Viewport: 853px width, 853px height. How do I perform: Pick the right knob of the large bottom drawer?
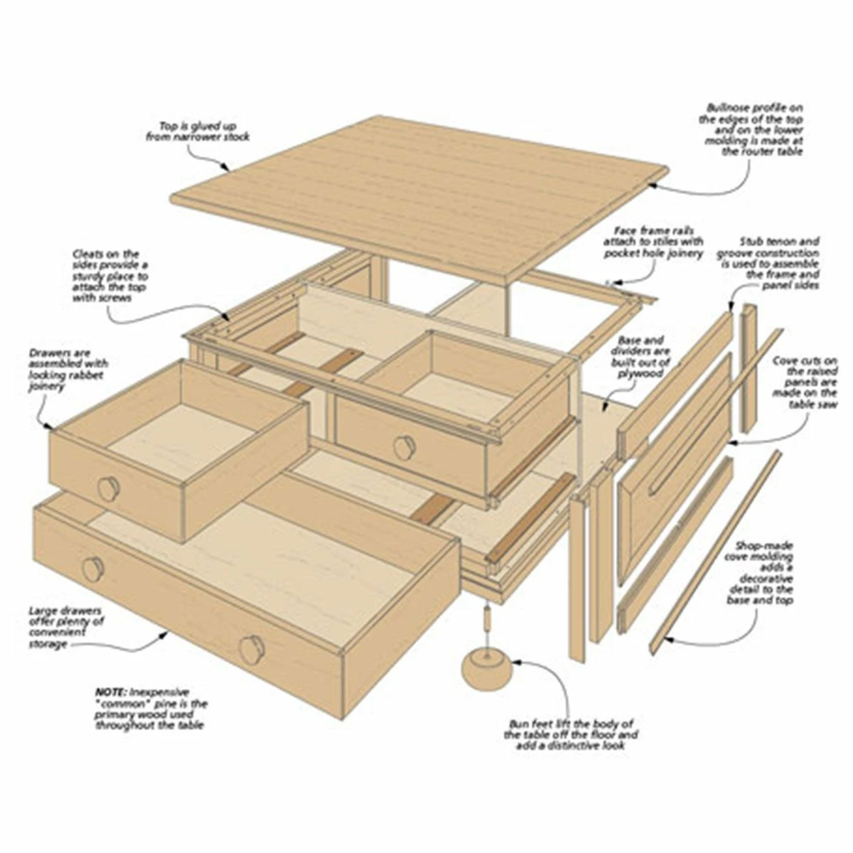click(x=251, y=648)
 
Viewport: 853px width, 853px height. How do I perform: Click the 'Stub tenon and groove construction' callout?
click(x=768, y=263)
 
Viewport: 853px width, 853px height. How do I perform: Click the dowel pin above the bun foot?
click(x=487, y=618)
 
